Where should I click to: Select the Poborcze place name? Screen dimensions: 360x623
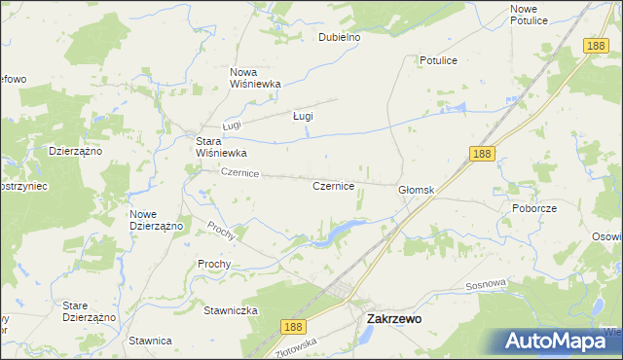tap(532, 208)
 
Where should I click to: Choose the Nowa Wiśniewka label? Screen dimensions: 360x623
tap(255, 77)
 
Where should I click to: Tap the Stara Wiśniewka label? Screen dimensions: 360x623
tap(222, 147)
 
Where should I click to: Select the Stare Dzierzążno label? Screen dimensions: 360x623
tap(90, 311)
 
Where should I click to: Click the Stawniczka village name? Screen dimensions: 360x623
tap(230, 310)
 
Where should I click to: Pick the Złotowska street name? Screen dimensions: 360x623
tap(298, 346)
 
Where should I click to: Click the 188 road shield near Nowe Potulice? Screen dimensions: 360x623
tap(597, 46)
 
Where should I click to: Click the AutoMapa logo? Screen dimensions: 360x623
tap(559, 341)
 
